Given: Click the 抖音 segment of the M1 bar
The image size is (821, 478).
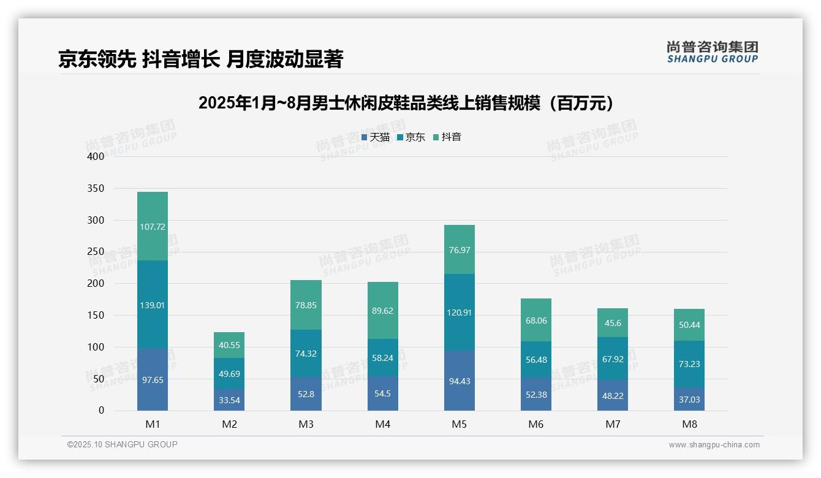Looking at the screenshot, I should click(153, 226).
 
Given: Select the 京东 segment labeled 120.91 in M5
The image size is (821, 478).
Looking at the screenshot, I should click(459, 312).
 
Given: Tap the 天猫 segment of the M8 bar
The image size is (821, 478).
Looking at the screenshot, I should click(689, 399).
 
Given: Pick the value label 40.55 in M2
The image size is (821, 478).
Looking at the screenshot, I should click(229, 345).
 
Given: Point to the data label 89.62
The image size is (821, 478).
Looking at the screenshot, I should click(382, 311).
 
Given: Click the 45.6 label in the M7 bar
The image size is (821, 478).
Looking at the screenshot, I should click(613, 323).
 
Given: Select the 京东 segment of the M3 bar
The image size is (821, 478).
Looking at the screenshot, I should click(306, 354).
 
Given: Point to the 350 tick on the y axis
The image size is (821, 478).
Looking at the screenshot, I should click(96, 188).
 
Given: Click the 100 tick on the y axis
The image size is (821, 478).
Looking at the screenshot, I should click(96, 347).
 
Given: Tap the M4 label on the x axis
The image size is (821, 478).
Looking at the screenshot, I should click(382, 424).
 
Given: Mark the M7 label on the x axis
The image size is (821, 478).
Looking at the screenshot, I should click(613, 424).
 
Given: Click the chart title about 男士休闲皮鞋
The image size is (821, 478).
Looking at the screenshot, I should click(406, 103).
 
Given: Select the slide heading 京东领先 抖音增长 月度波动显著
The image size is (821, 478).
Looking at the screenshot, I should click(200, 59).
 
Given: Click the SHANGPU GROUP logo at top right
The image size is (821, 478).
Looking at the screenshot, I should click(712, 52).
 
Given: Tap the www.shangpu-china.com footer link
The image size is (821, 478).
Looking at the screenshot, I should click(714, 445).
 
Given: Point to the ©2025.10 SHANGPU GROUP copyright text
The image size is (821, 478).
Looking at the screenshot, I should click(123, 444).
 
